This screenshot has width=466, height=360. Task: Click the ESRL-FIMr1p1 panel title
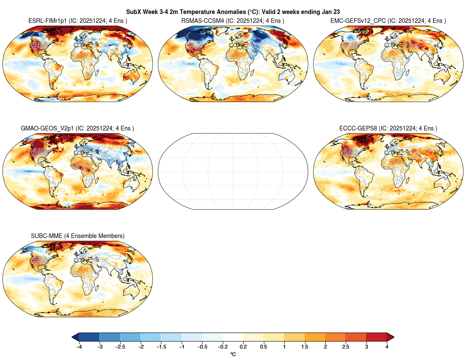click(78, 20)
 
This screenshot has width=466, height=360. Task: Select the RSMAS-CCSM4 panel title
click(233, 20)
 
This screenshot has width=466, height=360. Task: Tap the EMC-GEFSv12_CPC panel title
click(388, 20)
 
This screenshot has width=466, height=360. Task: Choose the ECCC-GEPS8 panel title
click(388, 128)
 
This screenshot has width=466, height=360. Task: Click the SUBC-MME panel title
click(78, 235)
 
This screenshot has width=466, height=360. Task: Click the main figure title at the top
click(233, 12)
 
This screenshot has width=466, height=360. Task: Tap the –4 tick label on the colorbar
click(79, 347)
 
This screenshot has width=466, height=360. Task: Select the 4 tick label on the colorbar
click(387, 347)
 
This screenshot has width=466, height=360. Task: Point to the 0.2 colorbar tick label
click(243, 347)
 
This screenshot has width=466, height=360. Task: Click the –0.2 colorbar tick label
click(222, 347)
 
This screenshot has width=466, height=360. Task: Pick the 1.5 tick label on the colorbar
click(305, 347)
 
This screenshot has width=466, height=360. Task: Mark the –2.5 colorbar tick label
click(120, 347)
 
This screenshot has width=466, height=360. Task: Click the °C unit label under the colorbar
click(233, 354)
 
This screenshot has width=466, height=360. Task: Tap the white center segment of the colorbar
click(233, 337)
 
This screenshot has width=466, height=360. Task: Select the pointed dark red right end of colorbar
click(390, 337)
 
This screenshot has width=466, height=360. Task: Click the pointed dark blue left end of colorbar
click(75, 337)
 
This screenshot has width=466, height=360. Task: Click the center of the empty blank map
click(233, 171)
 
